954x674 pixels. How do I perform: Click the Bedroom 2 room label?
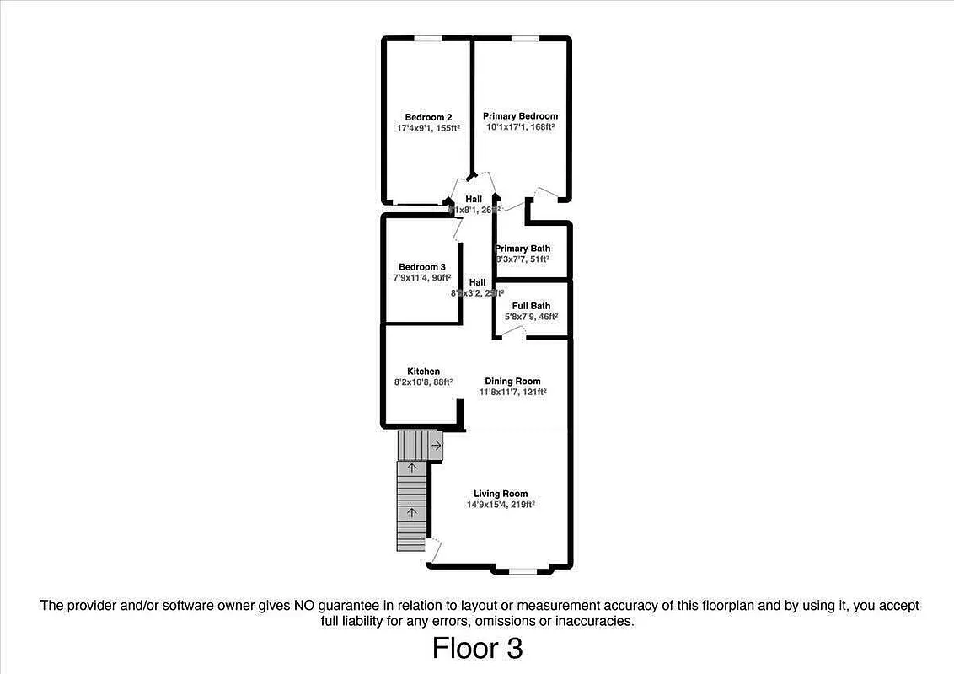click(x=428, y=117)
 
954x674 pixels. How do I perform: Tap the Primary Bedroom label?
click(x=520, y=116)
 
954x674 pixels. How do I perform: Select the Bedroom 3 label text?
click(x=422, y=267)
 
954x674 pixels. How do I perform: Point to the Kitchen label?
click(x=423, y=372)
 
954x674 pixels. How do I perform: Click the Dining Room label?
click(x=512, y=382)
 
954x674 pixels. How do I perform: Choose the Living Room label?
click(x=501, y=494)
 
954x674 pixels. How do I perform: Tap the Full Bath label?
click(x=531, y=306)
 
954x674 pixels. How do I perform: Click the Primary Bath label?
click(x=523, y=249)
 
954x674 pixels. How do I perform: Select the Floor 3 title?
click(x=477, y=649)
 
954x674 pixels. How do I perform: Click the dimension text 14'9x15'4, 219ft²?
click(x=501, y=505)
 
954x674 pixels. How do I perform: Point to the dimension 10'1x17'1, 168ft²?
click(x=520, y=127)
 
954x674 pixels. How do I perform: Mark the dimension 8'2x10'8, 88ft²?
click(x=423, y=382)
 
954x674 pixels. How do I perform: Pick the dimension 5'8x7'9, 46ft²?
click(x=531, y=317)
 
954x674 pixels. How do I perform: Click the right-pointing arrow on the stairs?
click(x=436, y=445)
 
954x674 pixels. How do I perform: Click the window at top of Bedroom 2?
click(x=428, y=38)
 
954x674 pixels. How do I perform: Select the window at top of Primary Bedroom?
click(x=526, y=38)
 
